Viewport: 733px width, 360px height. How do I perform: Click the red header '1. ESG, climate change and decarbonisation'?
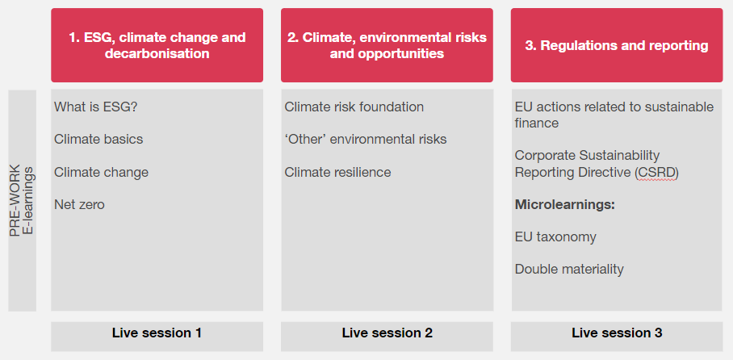pyautogui.click(x=157, y=45)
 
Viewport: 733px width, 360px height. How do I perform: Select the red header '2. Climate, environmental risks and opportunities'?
pyautogui.click(x=387, y=45)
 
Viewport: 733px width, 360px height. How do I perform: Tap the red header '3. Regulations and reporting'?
pyautogui.click(x=617, y=45)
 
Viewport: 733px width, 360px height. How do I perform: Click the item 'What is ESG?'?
pyautogui.click(x=90, y=107)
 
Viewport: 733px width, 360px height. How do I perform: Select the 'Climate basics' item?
pyautogui.click(x=98, y=139)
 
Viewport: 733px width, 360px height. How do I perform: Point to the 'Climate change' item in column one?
pyautogui.click(x=101, y=172)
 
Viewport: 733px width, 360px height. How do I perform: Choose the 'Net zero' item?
pyautogui.click(x=79, y=204)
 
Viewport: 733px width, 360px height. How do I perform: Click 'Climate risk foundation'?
pyautogui.click(x=354, y=107)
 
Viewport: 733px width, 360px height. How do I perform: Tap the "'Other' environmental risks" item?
pyautogui.click(x=365, y=139)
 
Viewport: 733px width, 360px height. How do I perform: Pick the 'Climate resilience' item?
pyautogui.click(x=337, y=172)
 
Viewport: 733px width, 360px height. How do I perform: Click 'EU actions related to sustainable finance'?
pyautogui.click(x=614, y=115)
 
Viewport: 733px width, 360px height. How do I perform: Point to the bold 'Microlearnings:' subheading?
pyautogui.click(x=565, y=204)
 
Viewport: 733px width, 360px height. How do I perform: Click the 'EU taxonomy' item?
pyautogui.click(x=555, y=237)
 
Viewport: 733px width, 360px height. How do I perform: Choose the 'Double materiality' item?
pyautogui.click(x=569, y=270)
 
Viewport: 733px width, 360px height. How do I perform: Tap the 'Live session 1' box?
pyautogui.click(x=157, y=333)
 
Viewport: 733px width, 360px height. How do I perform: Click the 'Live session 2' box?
pyautogui.click(x=387, y=333)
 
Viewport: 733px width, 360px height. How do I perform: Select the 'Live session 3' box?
pyautogui.click(x=617, y=333)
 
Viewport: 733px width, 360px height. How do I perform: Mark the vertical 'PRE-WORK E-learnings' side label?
pyautogui.click(x=22, y=200)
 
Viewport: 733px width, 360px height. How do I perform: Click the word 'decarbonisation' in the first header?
pyautogui.click(x=157, y=54)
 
